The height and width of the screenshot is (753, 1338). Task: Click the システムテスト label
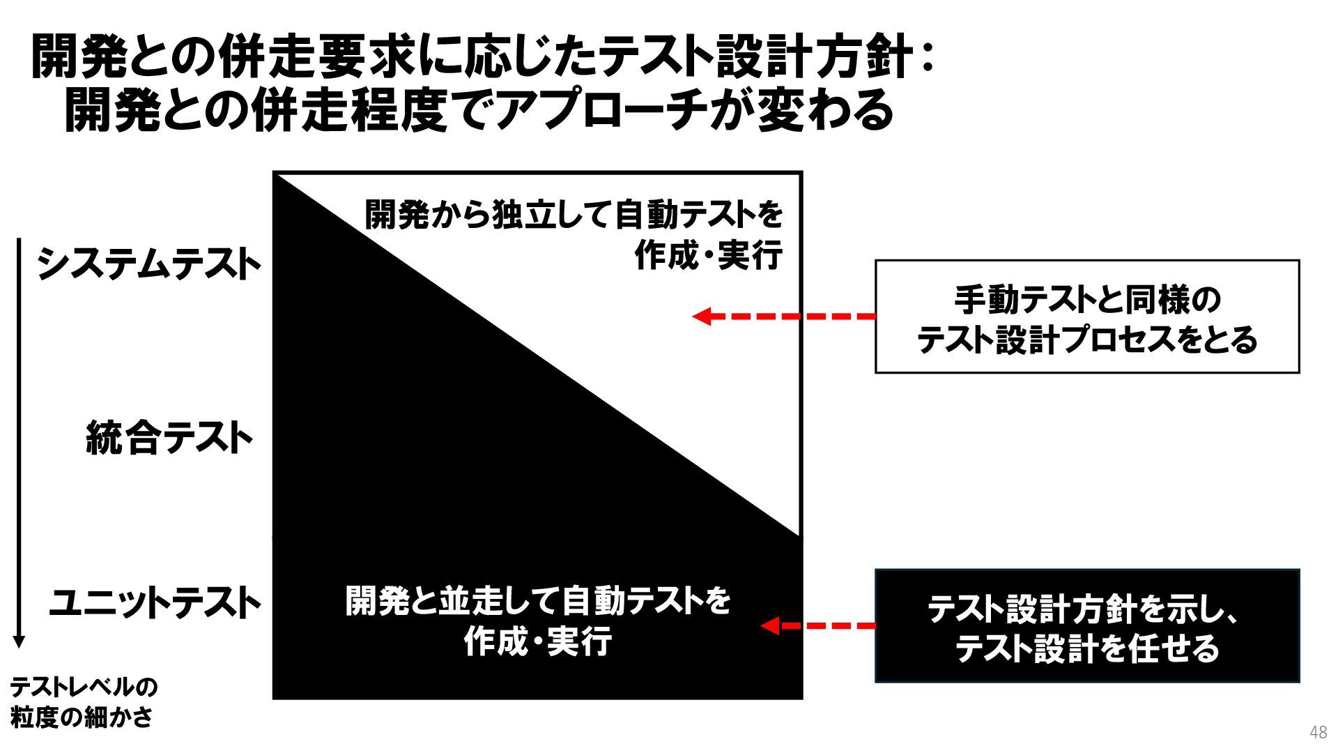pyautogui.click(x=148, y=265)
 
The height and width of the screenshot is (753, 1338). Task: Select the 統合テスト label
pyautogui.click(x=169, y=439)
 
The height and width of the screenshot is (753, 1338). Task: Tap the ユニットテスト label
pyautogui.click(x=154, y=602)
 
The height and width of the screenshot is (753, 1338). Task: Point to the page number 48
pyautogui.click(x=1318, y=732)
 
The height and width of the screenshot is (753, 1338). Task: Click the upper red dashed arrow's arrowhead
pyautogui.click(x=701, y=317)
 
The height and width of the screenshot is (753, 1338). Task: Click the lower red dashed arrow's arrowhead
pyautogui.click(x=769, y=625)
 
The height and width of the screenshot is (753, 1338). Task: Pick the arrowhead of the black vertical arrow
pyautogui.click(x=20, y=641)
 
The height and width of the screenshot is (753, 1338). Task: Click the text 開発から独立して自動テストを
pyautogui.click(x=574, y=215)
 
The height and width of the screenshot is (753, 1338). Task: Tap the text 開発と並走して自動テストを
pyautogui.click(x=538, y=600)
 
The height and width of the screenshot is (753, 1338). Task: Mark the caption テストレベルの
pyautogui.click(x=84, y=687)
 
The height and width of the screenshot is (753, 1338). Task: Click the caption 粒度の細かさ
pyautogui.click(x=82, y=717)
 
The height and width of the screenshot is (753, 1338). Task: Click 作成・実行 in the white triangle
pyautogui.click(x=708, y=255)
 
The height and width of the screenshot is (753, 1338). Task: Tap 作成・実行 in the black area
pyautogui.click(x=538, y=641)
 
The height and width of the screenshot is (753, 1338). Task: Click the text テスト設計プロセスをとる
pyautogui.click(x=1086, y=340)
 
